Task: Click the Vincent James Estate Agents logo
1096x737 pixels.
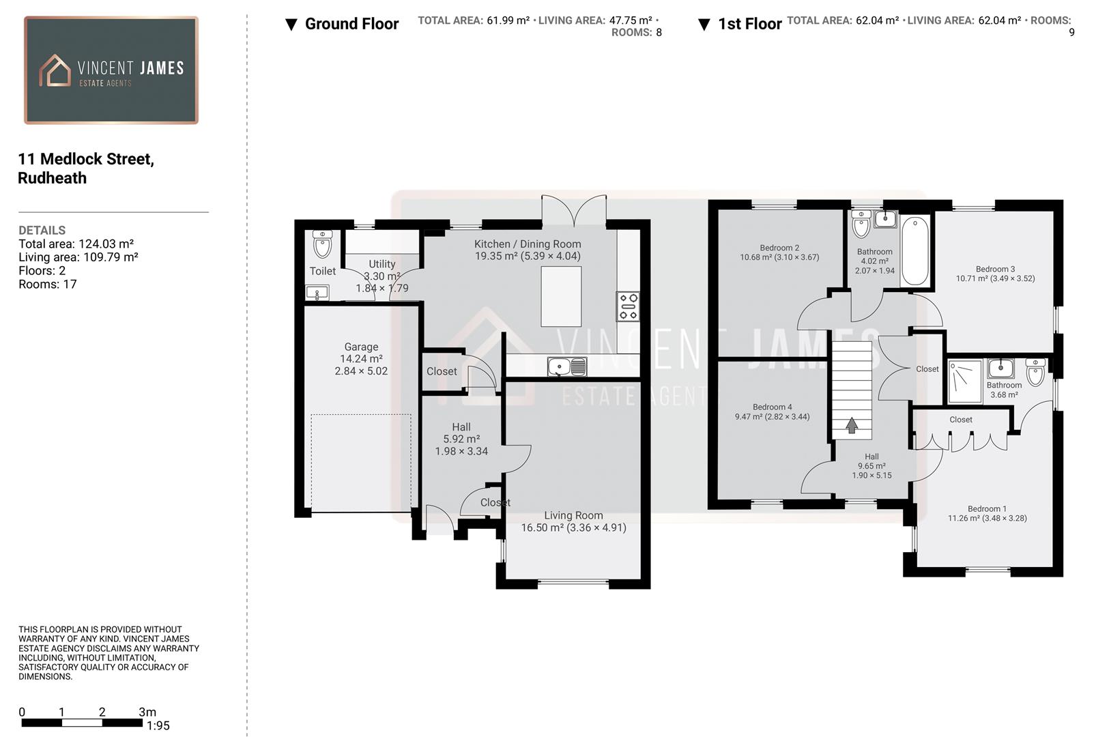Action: [x=111, y=70]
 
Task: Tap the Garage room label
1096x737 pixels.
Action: [x=361, y=347]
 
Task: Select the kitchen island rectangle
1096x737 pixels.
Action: [x=561, y=296]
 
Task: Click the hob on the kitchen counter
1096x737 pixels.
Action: [x=628, y=306]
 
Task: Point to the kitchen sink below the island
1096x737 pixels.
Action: [x=566, y=367]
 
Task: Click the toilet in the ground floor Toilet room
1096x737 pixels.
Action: [x=322, y=243]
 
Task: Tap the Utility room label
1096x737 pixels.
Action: [x=382, y=264]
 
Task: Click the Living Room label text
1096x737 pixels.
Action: [x=573, y=516]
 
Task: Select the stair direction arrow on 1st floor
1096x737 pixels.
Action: [x=852, y=425]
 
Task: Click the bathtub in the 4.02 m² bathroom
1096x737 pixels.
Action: [x=914, y=250]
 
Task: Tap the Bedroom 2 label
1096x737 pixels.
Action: [x=779, y=248]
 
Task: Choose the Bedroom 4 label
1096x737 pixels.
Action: [x=773, y=407]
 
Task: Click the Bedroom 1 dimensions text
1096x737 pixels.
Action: [x=987, y=519]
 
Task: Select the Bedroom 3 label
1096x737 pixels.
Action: [x=995, y=269]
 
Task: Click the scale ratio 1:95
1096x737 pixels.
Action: [x=158, y=726]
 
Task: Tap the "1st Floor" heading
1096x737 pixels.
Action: [x=749, y=25]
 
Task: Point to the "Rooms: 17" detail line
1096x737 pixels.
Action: [x=48, y=285]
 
